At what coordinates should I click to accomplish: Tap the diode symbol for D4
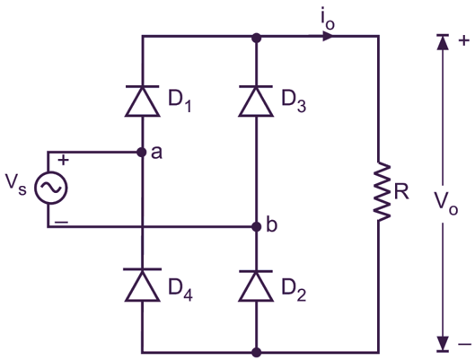142,285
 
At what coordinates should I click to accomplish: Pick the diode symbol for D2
256,285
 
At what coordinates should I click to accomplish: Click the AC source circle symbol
48,189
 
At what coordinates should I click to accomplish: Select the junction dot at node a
142,153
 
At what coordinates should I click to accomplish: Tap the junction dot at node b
256,225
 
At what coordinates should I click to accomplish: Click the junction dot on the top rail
256,39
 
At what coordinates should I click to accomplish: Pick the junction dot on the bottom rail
256,352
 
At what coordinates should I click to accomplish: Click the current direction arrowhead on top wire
330,39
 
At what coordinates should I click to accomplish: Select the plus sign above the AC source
63,160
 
